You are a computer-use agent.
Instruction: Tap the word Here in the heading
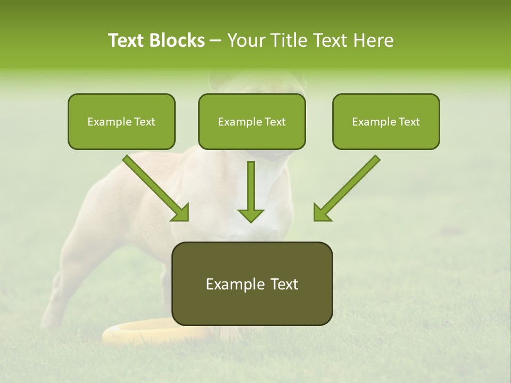pyautogui.click(x=374, y=40)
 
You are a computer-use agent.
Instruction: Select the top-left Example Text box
pyautogui.click(x=121, y=122)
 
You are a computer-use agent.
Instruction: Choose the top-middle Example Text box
pyautogui.click(x=252, y=122)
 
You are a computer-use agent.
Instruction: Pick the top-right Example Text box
pyautogui.click(x=386, y=122)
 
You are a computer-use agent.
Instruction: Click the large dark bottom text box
pyautogui.click(x=252, y=284)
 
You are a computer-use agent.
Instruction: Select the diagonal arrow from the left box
pyautogui.click(x=156, y=188)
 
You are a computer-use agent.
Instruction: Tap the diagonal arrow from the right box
pyautogui.click(x=347, y=188)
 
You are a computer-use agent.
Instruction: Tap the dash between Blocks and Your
pyautogui.click(x=216, y=41)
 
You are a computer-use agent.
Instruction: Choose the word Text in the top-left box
pyautogui.click(x=145, y=122)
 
